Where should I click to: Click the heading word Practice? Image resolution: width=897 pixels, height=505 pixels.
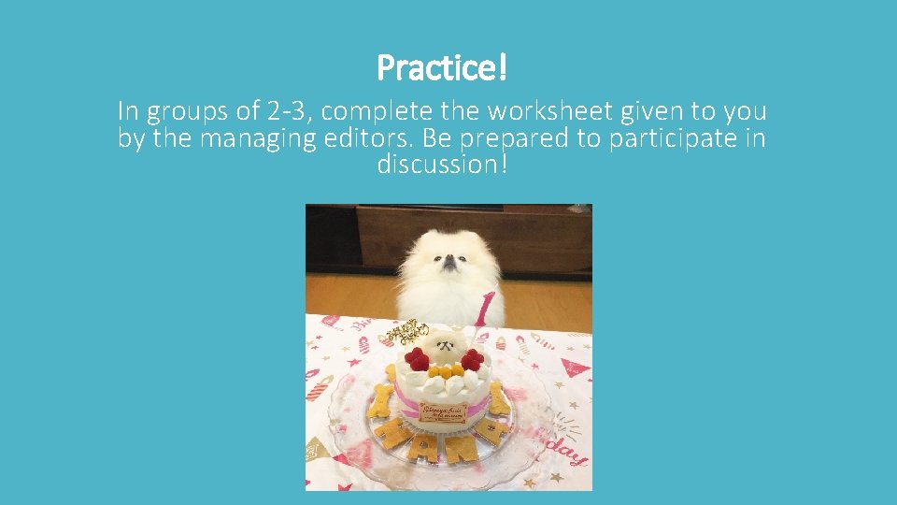click(x=442, y=67)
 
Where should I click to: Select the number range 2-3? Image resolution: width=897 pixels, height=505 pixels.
click(x=285, y=112)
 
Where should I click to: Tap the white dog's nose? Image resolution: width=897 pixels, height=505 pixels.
click(x=449, y=265)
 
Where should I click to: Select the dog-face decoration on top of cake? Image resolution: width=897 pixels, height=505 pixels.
click(x=445, y=347)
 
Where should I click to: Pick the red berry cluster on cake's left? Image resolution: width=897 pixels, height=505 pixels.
click(x=417, y=359)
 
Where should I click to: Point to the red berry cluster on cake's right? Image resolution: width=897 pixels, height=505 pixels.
click(x=472, y=358)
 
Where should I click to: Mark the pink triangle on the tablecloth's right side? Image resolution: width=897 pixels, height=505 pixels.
click(x=576, y=367)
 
